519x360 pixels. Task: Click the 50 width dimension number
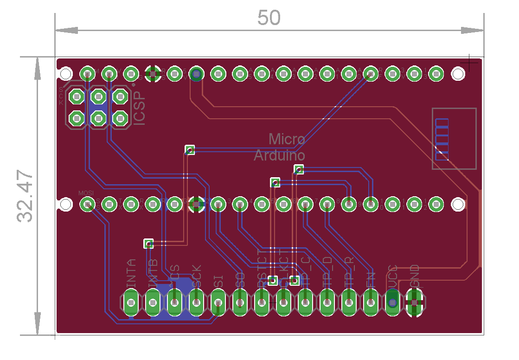point(269,18)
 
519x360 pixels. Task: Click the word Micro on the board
point(287,139)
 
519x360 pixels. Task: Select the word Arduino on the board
point(279,155)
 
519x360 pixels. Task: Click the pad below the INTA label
point(131,303)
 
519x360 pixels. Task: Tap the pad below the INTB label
point(153,303)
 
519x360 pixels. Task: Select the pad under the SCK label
point(196,303)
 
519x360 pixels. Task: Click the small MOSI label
point(86,193)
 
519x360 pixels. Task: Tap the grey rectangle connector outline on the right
point(454,139)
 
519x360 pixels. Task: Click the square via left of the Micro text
point(190,150)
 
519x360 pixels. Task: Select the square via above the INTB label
point(148,243)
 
